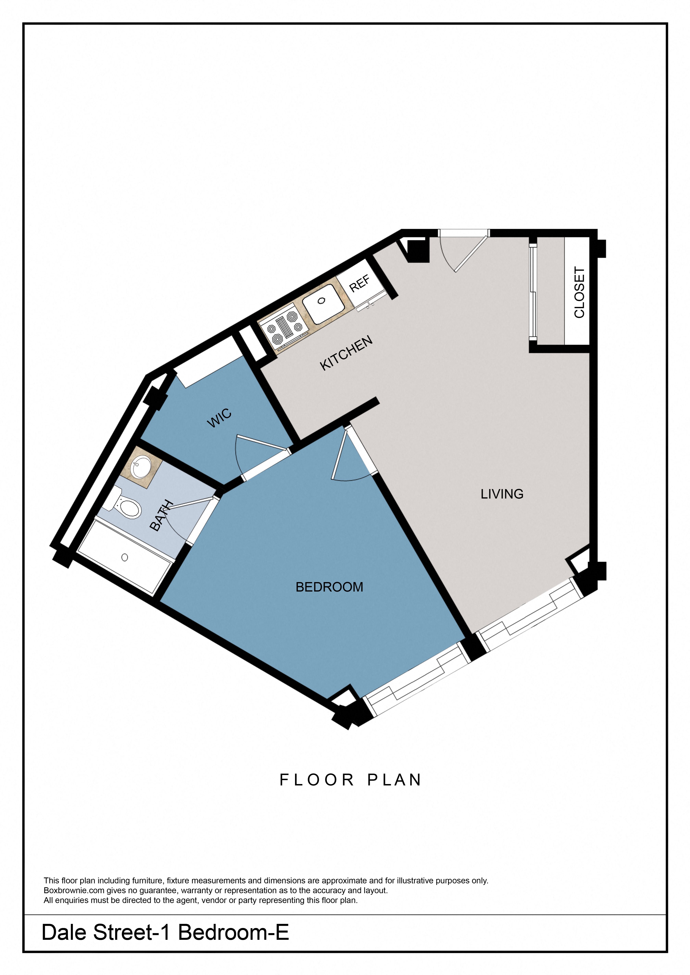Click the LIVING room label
(x=502, y=494)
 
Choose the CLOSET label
(x=579, y=292)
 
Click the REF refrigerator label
(x=359, y=283)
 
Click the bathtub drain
(x=125, y=557)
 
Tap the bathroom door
(x=191, y=503)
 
